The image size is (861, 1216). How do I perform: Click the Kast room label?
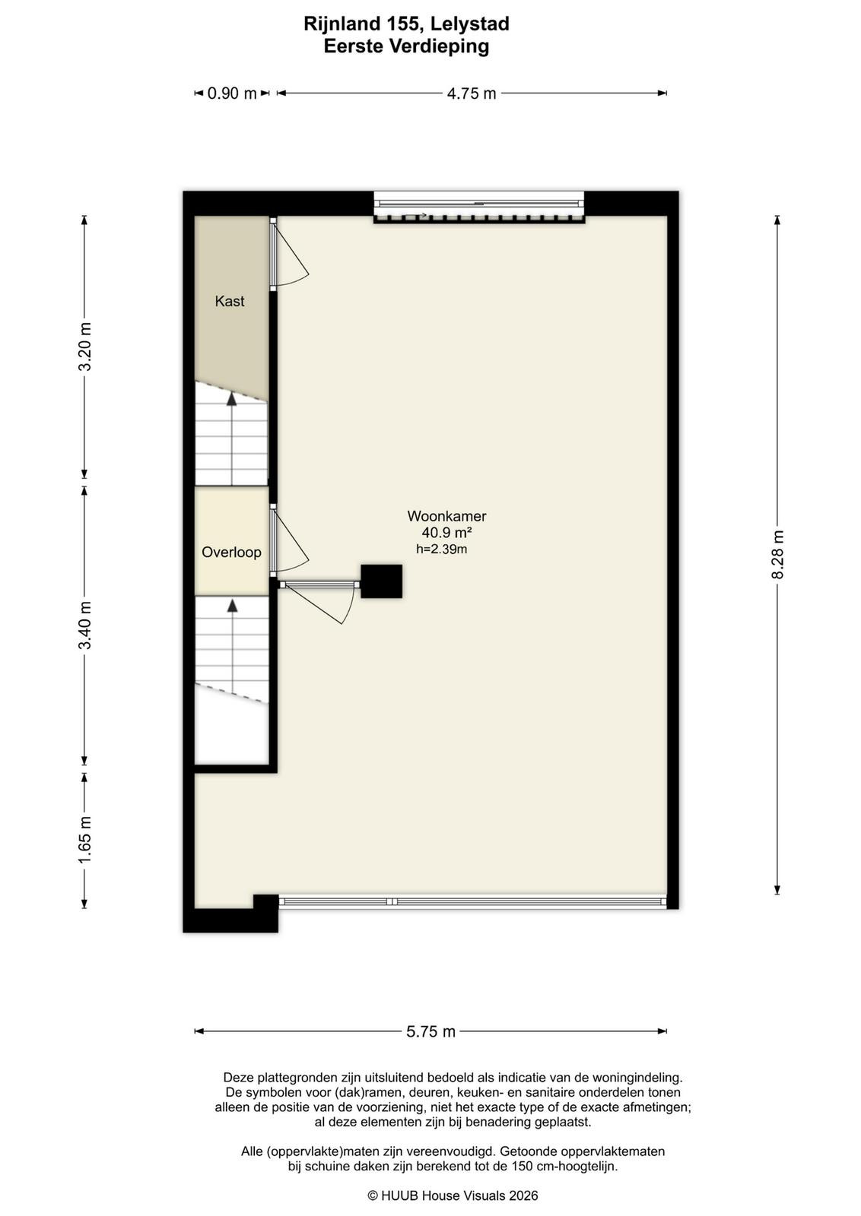229,301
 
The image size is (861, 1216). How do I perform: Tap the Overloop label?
231,552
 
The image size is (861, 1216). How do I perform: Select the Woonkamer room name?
446,516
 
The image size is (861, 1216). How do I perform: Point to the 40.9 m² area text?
446,533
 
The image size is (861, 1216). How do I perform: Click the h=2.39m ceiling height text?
442,549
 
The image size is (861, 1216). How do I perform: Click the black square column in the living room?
381,581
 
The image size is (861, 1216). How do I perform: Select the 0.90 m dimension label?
232,93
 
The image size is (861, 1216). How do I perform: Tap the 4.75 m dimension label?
472,93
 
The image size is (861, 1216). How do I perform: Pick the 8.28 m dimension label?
778,554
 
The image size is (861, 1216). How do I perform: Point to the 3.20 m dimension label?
84,347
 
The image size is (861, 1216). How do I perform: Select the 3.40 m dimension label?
84,625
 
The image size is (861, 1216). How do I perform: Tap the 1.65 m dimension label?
84,840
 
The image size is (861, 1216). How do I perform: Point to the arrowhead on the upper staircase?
232,399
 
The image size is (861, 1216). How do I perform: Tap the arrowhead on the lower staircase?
233,605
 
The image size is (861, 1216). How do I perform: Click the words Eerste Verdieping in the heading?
406,46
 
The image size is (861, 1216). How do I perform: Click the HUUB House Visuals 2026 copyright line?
453,1195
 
